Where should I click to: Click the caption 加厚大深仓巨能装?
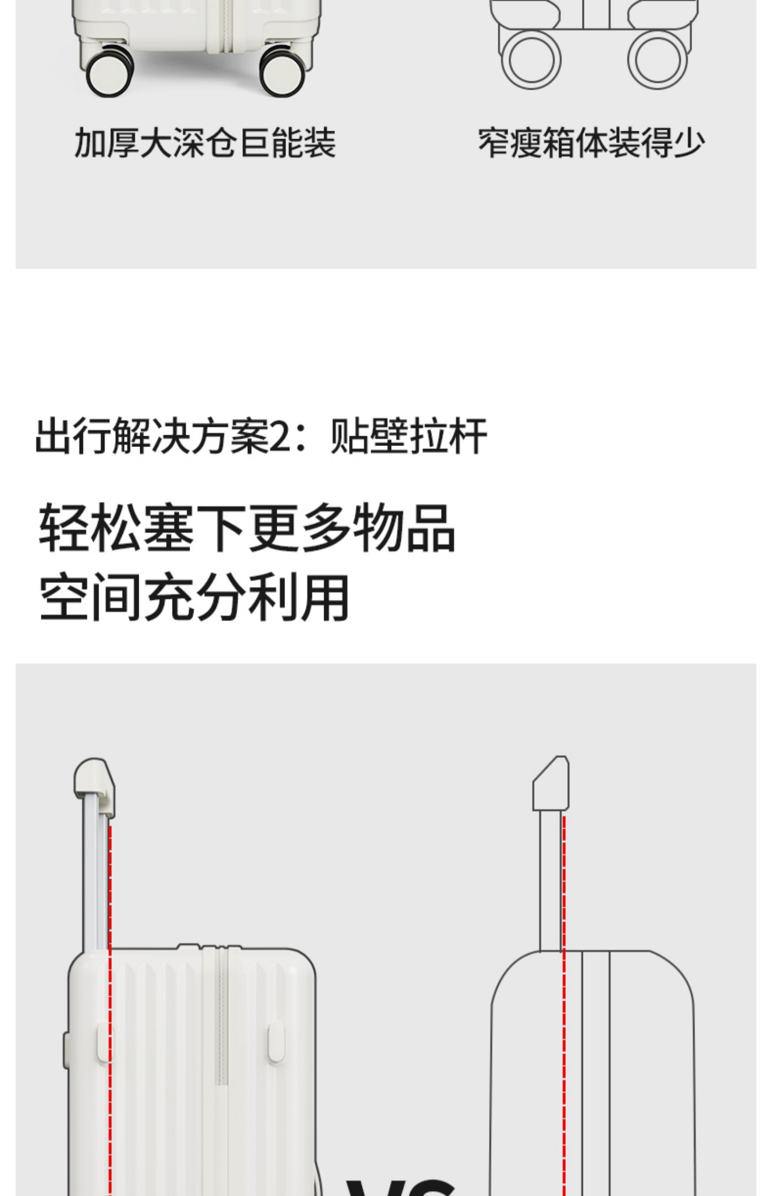click(x=205, y=143)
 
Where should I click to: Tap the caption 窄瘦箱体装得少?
click(x=591, y=143)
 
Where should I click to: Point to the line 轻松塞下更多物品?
click(x=247, y=528)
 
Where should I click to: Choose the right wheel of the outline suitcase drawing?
click(x=657, y=59)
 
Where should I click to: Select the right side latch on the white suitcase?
click(x=276, y=1043)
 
